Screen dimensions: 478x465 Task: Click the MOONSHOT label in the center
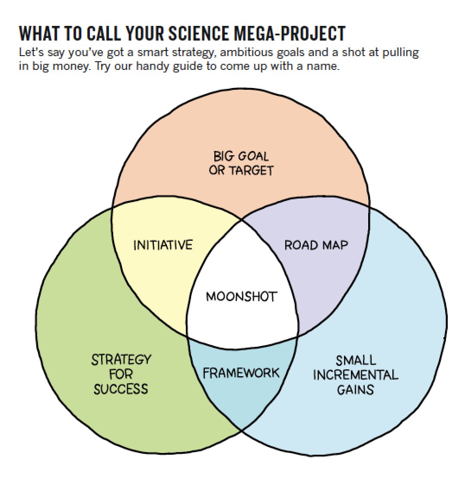pyautogui.click(x=241, y=297)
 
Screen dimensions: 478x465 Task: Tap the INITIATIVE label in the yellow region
pyautogui.click(x=162, y=245)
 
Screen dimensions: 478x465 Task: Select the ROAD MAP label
pyautogui.click(x=316, y=245)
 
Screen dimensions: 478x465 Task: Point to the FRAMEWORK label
pyautogui.click(x=241, y=373)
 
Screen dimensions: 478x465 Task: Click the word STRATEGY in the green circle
pyautogui.click(x=121, y=359)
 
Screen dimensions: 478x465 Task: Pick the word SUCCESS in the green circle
pyautogui.click(x=121, y=389)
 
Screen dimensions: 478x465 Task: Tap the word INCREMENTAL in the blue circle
pyautogui.click(x=355, y=374)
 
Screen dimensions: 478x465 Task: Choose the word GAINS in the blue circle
pyautogui.click(x=355, y=390)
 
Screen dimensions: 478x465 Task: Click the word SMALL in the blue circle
pyautogui.click(x=355, y=360)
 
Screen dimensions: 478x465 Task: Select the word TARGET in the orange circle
pyautogui.click(x=251, y=170)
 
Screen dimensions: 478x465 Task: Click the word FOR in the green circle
pyautogui.click(x=121, y=374)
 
